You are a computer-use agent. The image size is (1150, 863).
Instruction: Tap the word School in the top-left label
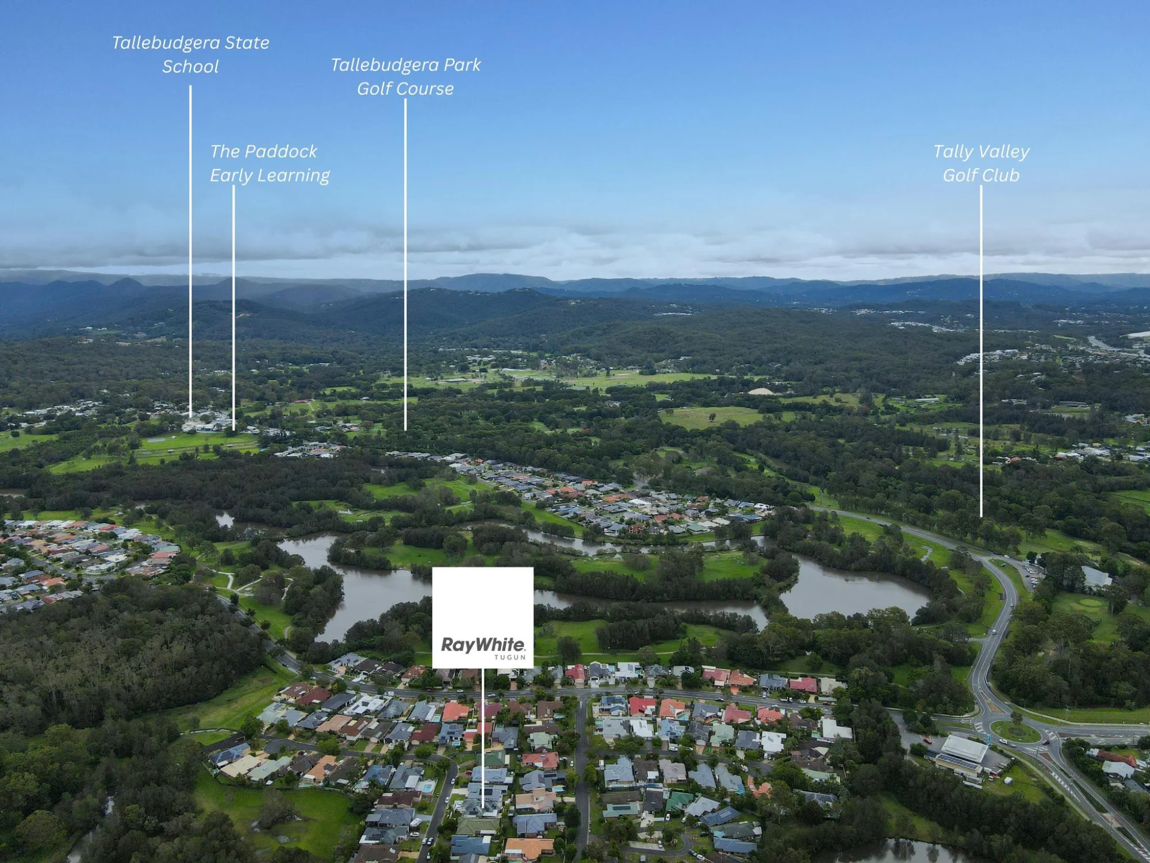[x=190, y=67]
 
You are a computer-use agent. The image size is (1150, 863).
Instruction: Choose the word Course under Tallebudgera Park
[x=428, y=89]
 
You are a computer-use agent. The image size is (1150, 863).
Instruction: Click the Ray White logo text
[x=482, y=644]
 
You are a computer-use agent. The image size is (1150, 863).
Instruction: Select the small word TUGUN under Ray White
[x=510, y=657]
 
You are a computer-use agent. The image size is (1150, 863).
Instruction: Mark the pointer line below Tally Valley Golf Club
[x=981, y=351]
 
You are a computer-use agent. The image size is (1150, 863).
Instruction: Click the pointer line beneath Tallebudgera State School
[x=190, y=251]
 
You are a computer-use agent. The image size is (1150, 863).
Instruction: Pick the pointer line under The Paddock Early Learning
[x=233, y=308]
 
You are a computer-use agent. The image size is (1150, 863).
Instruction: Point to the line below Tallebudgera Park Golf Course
[x=405, y=265]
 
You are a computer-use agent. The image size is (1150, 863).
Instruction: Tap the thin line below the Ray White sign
[x=482, y=738]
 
